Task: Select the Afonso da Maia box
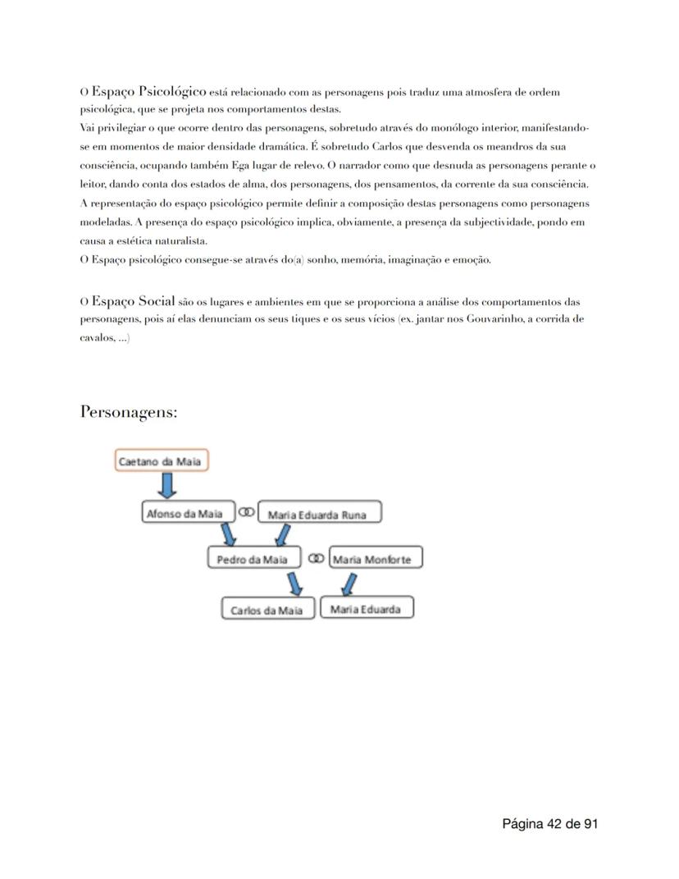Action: [184, 514]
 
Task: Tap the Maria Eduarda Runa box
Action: [319, 515]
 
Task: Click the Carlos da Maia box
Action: [267, 610]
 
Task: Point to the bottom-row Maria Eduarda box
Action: [367, 609]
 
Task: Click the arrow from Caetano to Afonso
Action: [166, 486]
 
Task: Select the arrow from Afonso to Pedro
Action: [227, 536]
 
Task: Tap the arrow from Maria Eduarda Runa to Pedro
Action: [282, 536]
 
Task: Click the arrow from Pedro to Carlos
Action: [294, 584]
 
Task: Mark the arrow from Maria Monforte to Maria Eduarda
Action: [349, 584]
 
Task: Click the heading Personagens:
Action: [129, 412]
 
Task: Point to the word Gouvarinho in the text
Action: [494, 318]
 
